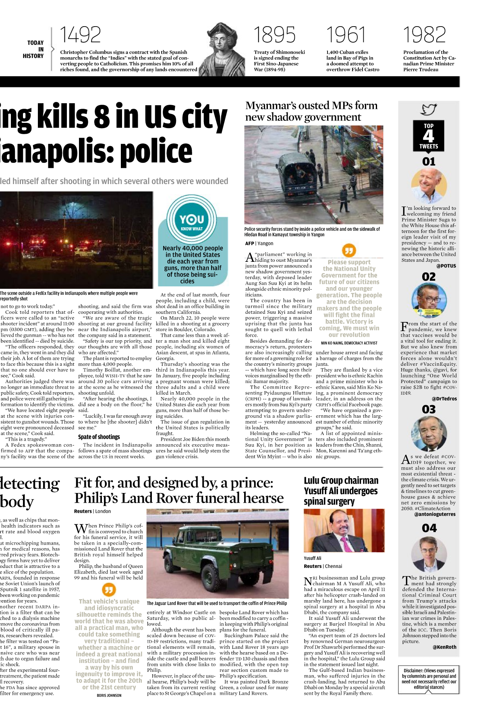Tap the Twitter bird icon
pyautogui.click(x=429, y=109)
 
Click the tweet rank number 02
pyautogui.click(x=429, y=277)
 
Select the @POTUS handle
pyautogui.click(x=446, y=266)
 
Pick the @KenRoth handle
pyautogui.click(x=444, y=647)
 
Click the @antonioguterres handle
pyautogui.click(x=435, y=514)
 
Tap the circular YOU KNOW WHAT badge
pyautogui.click(x=192, y=220)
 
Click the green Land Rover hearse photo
pyautogui.click(x=218, y=553)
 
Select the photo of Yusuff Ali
pyautogui.click(x=344, y=530)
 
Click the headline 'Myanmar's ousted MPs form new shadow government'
pyautogui.click(x=311, y=111)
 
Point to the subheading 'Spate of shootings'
pyautogui.click(x=99, y=437)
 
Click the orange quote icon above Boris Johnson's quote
pyautogui.click(x=108, y=590)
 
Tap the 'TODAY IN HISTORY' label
pyautogui.click(x=35, y=49)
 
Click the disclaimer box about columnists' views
pyautogui.click(x=429, y=679)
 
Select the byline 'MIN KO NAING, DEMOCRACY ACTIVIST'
pyautogui.click(x=349, y=343)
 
